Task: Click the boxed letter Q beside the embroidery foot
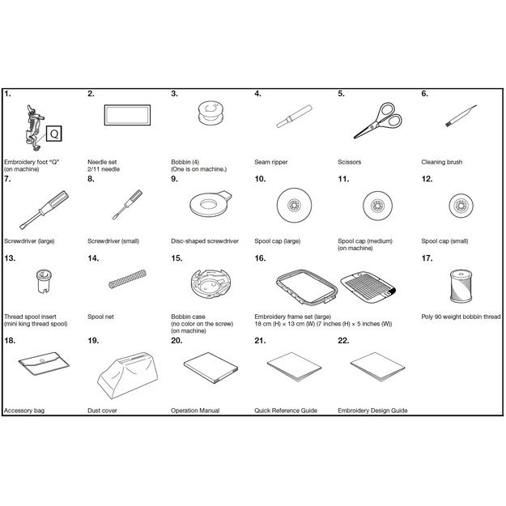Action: coord(54,134)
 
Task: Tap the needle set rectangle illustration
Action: coord(127,115)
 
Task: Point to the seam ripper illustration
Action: coord(295,116)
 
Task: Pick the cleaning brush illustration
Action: coord(461,115)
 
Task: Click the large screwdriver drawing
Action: coord(45,210)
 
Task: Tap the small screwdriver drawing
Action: coord(127,205)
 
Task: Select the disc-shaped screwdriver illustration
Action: coord(211,204)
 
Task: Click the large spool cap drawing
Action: coord(295,206)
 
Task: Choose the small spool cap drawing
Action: coord(461,206)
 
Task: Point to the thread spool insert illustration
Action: coord(44,281)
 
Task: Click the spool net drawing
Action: coord(127,279)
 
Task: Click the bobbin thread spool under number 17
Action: coord(461,286)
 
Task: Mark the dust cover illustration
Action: coord(128,376)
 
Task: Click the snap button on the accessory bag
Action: coord(41,360)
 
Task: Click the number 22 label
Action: coord(343,341)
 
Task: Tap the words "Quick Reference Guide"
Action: coord(286,410)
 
